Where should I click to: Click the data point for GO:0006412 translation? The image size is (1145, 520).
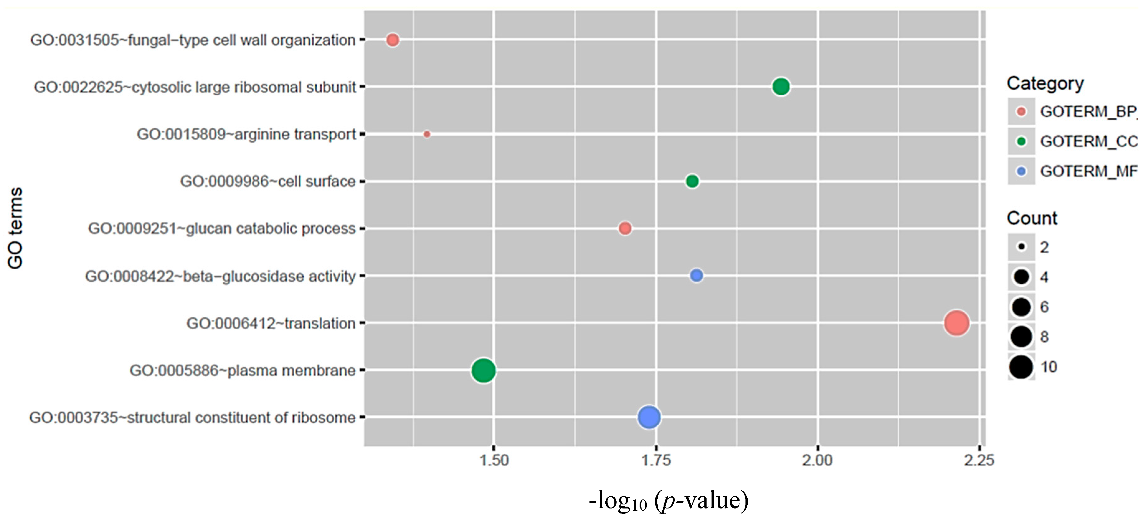click(x=956, y=323)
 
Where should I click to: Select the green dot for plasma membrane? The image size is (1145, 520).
click(x=483, y=370)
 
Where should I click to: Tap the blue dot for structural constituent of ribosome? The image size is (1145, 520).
click(x=649, y=417)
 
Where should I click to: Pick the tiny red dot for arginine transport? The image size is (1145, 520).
click(x=427, y=134)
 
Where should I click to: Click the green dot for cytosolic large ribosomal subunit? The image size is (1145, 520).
click(x=781, y=87)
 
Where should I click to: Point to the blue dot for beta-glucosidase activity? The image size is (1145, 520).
click(x=696, y=276)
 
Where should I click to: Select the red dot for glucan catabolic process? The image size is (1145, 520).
click(x=625, y=229)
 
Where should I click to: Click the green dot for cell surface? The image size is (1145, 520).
click(x=692, y=181)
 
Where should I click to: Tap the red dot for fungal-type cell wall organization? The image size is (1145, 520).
click(x=392, y=40)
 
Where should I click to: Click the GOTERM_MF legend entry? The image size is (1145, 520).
click(x=1088, y=172)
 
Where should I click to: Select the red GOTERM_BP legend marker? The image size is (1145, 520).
click(x=1021, y=111)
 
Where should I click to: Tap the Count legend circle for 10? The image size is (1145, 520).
click(x=1021, y=367)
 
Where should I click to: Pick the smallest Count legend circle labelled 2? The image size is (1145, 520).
click(x=1021, y=247)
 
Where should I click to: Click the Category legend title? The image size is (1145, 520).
click(x=1045, y=83)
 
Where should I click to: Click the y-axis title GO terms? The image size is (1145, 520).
click(x=15, y=228)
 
